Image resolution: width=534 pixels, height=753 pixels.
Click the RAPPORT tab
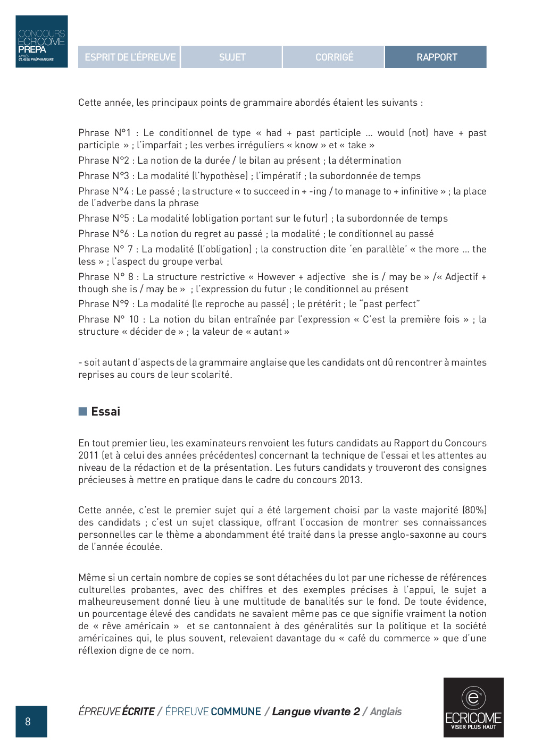[436, 57]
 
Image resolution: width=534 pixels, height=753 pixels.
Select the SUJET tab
[232, 57]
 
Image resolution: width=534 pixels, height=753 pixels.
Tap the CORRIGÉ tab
[334, 57]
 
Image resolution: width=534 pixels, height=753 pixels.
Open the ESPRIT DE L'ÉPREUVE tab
[130, 57]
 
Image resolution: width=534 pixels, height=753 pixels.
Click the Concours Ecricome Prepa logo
[41, 41]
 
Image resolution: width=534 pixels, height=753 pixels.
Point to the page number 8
[28, 721]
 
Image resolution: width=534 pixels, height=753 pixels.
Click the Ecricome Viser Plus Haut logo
[473, 707]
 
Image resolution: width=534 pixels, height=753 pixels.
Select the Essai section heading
[105, 411]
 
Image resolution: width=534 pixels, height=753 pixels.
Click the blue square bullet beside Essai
[82, 411]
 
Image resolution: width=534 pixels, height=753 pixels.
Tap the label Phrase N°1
[104, 133]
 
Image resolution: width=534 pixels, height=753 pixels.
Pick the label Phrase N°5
[104, 218]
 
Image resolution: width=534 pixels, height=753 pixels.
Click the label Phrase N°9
[104, 304]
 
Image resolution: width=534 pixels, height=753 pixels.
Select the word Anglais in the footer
[386, 712]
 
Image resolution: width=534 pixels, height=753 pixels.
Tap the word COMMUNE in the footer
[236, 712]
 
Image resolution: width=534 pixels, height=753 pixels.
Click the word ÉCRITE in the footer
[138, 712]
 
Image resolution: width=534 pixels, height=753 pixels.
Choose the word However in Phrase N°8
[276, 277]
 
